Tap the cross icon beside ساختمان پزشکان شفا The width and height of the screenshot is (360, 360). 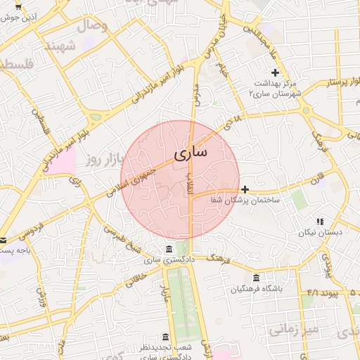tap(245, 189)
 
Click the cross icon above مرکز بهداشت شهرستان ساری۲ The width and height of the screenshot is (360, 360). tap(275, 72)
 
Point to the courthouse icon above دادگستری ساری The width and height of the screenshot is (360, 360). tap(168, 249)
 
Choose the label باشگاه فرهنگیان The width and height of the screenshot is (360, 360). tap(257, 289)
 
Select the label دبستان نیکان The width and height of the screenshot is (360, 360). tap(319, 232)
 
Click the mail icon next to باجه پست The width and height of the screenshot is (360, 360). tap(3, 240)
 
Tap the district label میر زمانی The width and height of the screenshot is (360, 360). tap(295, 330)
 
